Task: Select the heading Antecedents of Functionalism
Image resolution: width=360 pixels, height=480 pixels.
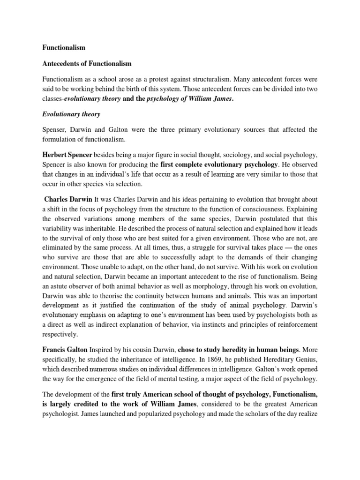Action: point(87,63)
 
